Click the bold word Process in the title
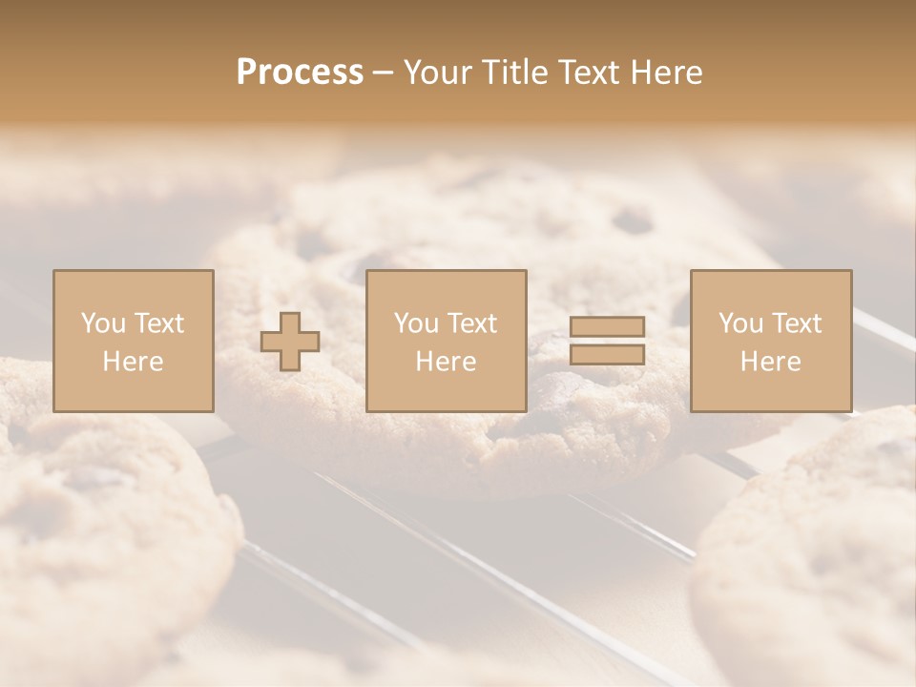tap(300, 72)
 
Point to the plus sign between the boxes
tap(290, 342)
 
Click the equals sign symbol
tap(607, 341)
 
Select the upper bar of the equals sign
tap(607, 327)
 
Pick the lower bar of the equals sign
tap(607, 355)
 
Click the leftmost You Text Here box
tap(134, 341)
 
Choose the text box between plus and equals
tap(447, 341)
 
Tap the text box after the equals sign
tap(771, 341)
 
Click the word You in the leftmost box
tap(101, 323)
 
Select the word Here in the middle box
tap(447, 362)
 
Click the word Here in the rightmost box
tap(771, 362)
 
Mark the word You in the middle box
tap(415, 323)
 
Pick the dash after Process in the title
tap(383, 73)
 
